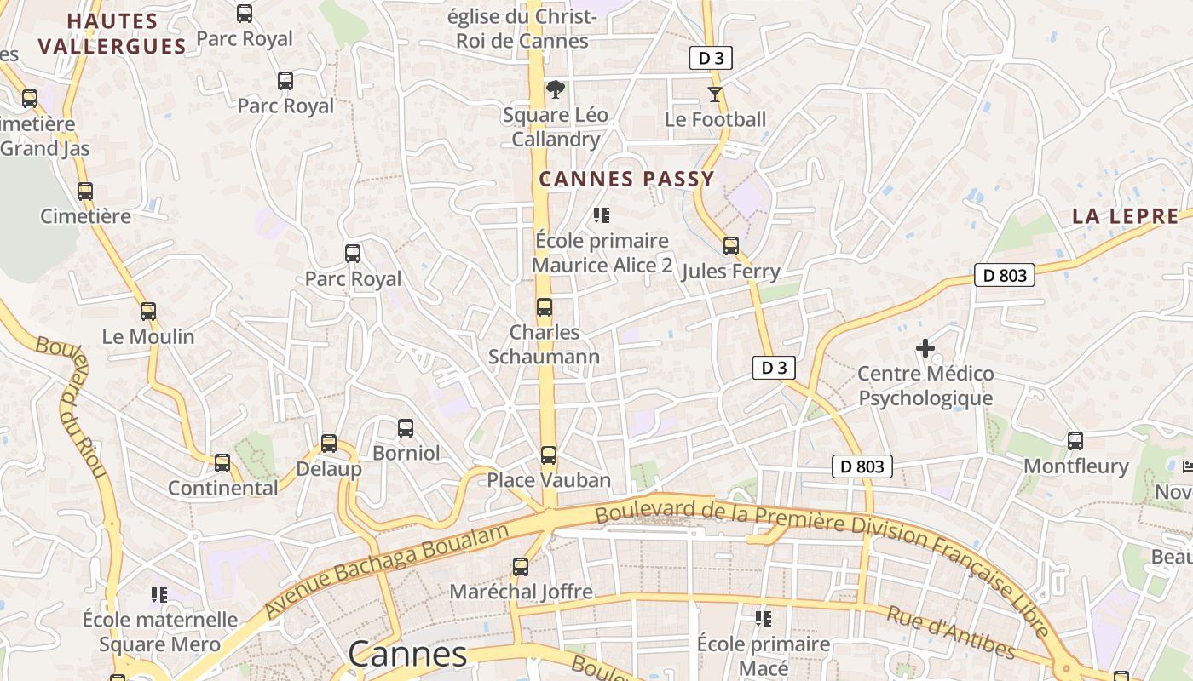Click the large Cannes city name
pos(407,654)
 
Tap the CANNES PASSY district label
pos(626,179)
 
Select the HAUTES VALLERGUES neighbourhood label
pos(112,33)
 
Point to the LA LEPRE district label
pos(1125,216)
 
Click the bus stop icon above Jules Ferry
pos(730,246)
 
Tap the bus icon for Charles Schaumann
pos(544,307)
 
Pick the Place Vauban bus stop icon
pos(548,455)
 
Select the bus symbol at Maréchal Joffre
pos(520,566)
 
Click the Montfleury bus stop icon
pos(1075,441)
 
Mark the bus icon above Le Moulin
pos(148,312)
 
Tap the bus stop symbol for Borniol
pos(406,428)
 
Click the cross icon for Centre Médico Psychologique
pos(925,348)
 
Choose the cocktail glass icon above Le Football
pos(714,94)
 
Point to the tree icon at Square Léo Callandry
pos(555,89)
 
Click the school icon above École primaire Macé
pos(763,618)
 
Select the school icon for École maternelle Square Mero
pos(158,594)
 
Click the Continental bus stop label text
pos(222,488)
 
